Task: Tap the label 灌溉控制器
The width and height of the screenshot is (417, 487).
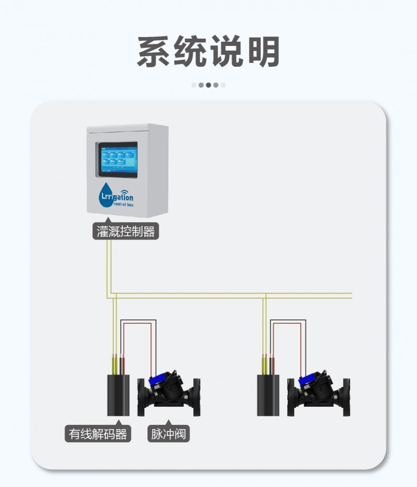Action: pos(126,232)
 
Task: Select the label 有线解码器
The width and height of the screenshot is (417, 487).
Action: pos(97,433)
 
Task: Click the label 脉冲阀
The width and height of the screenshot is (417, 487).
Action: pos(168,433)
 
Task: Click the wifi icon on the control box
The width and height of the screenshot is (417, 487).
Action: pos(126,190)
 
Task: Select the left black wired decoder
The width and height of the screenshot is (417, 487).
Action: pos(117,394)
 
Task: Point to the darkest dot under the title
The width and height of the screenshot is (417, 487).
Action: pos(208,84)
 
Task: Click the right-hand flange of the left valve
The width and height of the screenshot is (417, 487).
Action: pos(197,396)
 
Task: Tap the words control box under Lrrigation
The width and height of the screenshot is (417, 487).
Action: pos(120,206)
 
